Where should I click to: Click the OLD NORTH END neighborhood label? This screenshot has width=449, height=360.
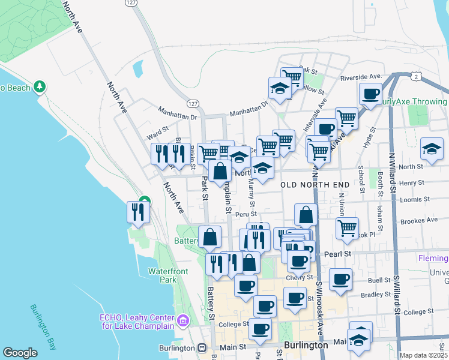[x=316, y=185]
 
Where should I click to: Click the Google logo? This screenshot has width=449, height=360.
[x=20, y=353]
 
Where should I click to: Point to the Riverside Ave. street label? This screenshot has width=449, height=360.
[x=361, y=77]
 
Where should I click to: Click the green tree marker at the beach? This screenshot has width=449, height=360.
[x=40, y=88]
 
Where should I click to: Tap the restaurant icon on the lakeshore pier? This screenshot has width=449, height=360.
[x=137, y=212]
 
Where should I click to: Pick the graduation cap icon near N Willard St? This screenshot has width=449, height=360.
[x=432, y=149]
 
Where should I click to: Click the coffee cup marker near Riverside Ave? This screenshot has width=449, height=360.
[x=370, y=94]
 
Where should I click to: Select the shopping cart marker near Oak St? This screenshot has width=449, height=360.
[x=292, y=76]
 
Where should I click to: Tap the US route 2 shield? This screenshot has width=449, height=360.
[x=415, y=77]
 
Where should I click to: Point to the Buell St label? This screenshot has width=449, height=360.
[x=379, y=280]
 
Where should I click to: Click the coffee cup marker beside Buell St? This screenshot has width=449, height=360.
[x=341, y=278]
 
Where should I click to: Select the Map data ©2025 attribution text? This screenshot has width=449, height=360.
[x=423, y=355]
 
